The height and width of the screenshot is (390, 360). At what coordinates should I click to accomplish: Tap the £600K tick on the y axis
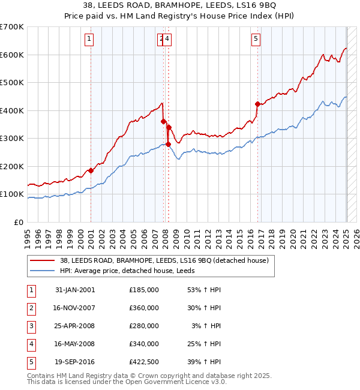(11, 55)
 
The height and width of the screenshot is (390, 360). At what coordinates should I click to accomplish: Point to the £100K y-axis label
(11, 194)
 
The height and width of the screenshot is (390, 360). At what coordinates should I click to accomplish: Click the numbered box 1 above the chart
(89, 40)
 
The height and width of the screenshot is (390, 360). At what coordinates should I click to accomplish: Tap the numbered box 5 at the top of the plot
(256, 40)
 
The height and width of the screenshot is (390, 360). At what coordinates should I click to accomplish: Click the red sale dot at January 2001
(91, 170)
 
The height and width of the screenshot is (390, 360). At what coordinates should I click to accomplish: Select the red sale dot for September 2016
(257, 104)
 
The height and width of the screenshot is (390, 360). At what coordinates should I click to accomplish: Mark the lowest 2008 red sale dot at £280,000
(168, 144)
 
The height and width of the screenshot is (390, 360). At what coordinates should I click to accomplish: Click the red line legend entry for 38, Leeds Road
(167, 260)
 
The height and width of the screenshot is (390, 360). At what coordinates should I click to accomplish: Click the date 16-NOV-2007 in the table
(75, 308)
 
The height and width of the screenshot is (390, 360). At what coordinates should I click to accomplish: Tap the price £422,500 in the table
(144, 362)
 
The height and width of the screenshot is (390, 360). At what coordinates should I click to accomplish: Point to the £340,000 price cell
(144, 344)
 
